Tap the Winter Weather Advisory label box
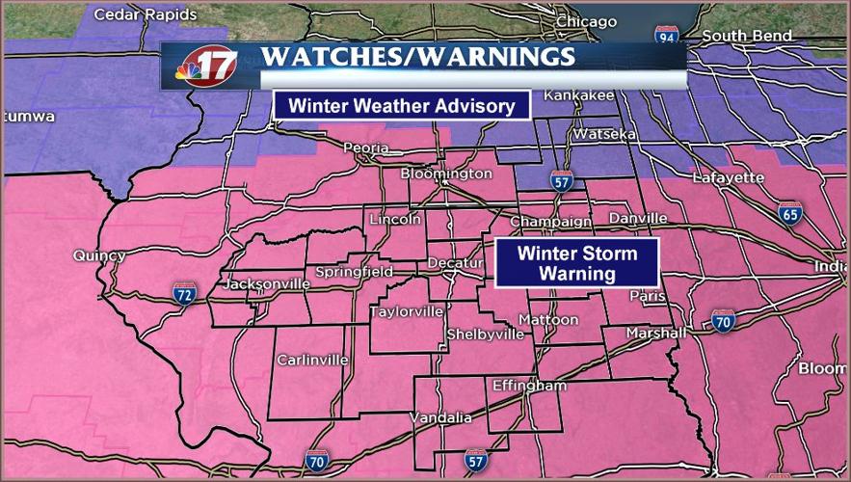[402, 105]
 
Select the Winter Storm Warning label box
[576, 263]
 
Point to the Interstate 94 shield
[667, 37]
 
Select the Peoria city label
[365, 148]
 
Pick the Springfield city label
[354, 272]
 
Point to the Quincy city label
[98, 255]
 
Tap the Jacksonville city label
[266, 284]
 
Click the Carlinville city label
[312, 360]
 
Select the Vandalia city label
[440, 417]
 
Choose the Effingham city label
[529, 386]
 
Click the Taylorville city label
[408, 311]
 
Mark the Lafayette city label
[728, 177]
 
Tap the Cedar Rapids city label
[146, 14]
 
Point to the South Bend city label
[747, 36]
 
